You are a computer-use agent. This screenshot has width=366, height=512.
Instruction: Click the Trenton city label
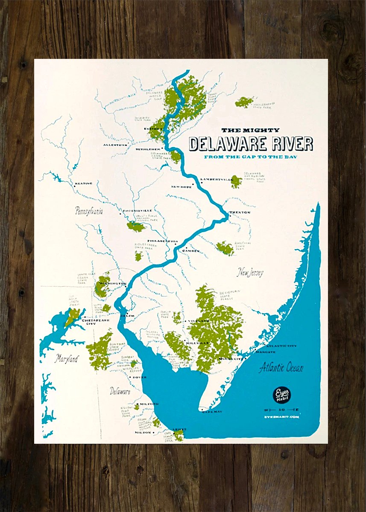coord(240,212)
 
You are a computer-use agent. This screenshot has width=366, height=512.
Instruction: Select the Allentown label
coord(115,145)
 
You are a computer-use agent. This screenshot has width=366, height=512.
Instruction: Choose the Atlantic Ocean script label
coord(281,367)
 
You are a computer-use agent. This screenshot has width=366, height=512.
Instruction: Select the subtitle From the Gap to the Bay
coord(251,157)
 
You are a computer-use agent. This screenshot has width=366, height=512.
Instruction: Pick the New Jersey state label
coord(251,273)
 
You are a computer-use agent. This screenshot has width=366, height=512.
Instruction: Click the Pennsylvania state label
coord(89,211)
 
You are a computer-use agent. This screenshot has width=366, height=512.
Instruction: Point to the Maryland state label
coord(67,359)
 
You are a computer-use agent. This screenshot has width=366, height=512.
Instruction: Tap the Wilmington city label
coord(112,284)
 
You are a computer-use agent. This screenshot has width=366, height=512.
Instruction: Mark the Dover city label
coord(139,377)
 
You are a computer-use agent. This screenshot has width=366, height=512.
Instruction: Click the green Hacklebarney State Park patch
coord(244,102)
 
